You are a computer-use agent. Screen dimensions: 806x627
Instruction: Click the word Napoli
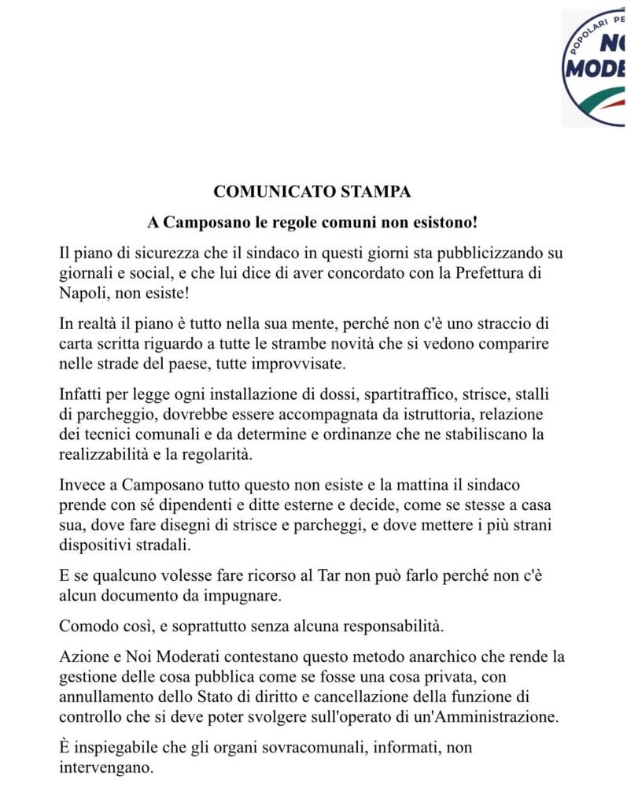coord(82,293)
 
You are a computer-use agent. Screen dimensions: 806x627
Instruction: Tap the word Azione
coord(84,656)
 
